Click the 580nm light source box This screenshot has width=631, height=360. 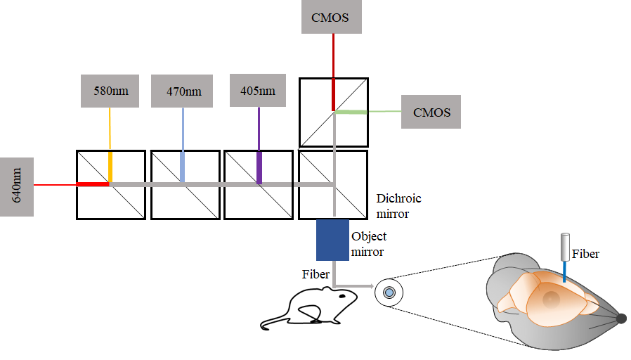pos(111,91)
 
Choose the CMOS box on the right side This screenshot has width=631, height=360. pos(431,112)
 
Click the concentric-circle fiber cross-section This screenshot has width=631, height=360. pos(389,292)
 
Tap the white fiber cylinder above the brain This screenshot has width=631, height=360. pos(564,247)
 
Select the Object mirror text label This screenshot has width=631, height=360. pos(369,243)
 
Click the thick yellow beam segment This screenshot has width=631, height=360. pos(110,167)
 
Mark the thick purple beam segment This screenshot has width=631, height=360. pos(259,167)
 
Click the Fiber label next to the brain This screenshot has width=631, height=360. pos(585,254)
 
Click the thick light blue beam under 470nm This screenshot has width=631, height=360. pos(183,167)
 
